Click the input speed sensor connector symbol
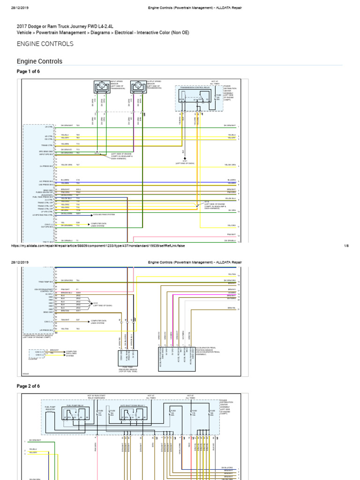click(x=100, y=87)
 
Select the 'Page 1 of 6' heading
click(x=29, y=71)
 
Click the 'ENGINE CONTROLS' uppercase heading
click(x=45, y=44)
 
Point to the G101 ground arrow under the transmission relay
click(x=184, y=159)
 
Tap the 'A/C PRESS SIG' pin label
click(x=46, y=181)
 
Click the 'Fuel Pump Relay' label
click(x=75, y=405)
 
